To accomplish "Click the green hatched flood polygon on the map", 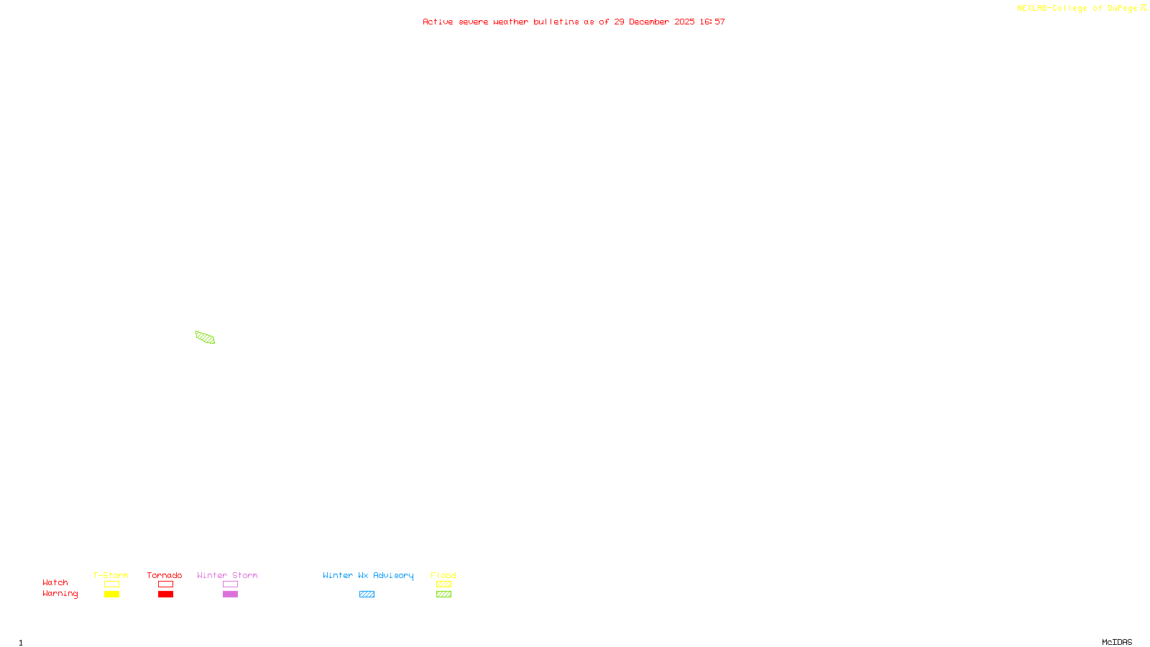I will pos(205,337).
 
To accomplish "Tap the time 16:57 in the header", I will pos(712,22).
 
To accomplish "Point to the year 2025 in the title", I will pos(684,22).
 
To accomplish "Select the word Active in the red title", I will pos(438,22).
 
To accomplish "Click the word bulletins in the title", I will pos(556,22).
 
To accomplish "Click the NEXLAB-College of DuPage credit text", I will pos(1077,8).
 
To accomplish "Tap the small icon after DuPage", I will pos(1144,8).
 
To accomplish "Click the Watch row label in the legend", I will pos(55,582).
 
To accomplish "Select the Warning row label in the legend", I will pos(60,594).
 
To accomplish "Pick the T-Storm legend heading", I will pos(111,575).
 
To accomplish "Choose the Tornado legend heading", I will pos(165,575).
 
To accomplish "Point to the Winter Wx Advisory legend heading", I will pos(368,575).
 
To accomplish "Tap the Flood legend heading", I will pos(443,575).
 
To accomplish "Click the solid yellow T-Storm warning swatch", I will pos(111,595).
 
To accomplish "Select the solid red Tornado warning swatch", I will pos(165,595).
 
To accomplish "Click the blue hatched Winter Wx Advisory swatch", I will pos(367,595).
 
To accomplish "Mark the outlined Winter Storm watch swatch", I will pos(230,584).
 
